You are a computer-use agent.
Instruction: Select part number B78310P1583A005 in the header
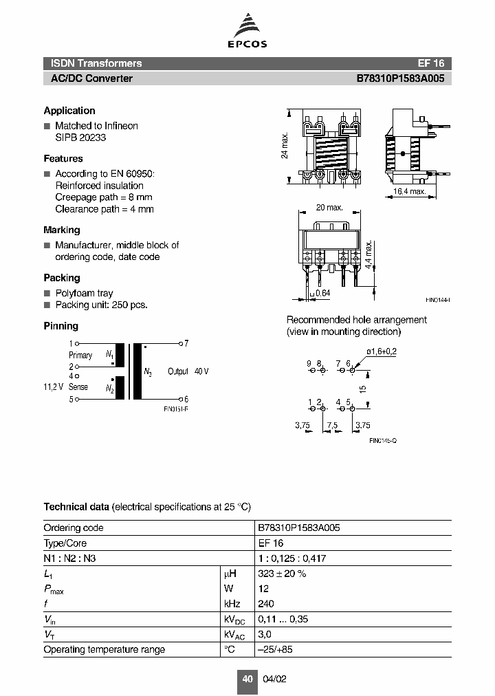[400, 78]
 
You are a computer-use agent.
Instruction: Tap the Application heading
[69, 111]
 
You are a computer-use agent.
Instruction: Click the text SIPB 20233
[80, 138]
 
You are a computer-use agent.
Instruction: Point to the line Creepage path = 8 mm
[104, 197]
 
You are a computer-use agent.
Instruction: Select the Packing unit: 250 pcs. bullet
[101, 305]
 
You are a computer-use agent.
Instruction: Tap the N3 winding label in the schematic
[148, 372]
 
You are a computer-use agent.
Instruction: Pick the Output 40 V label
[188, 371]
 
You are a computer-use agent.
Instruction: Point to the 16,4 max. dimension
[410, 191]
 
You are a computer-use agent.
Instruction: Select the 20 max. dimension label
[329, 208]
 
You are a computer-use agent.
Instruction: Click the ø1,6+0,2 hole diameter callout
[382, 351]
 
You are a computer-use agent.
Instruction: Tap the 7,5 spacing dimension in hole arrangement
[331, 426]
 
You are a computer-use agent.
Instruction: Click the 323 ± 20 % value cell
[282, 573]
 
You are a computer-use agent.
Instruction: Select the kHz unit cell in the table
[231, 604]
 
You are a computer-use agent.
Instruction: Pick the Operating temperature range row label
[104, 649]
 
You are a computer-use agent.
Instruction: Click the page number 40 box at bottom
[247, 679]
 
